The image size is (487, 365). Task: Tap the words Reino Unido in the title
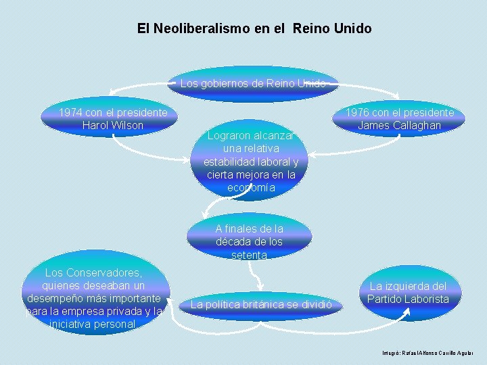[332, 29]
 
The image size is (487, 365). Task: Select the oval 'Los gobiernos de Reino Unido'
[253, 84]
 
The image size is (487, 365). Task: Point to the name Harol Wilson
[112, 125]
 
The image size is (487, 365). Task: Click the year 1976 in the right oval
[358, 112]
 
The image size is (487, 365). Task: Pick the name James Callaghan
[399, 125]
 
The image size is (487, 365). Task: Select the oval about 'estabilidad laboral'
[250, 162]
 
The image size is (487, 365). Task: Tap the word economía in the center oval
[250, 188]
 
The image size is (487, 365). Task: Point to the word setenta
[250, 255]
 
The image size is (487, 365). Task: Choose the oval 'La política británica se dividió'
[261, 305]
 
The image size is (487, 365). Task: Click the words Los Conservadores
[93, 273]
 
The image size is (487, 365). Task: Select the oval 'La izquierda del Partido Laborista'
[408, 293]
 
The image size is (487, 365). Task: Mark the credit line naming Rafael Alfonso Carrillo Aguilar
[427, 353]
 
